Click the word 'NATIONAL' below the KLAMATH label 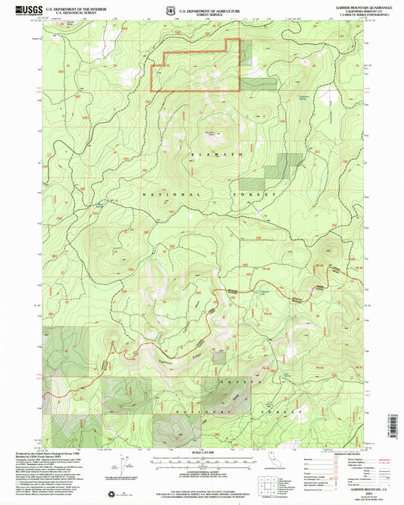[161, 195]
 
